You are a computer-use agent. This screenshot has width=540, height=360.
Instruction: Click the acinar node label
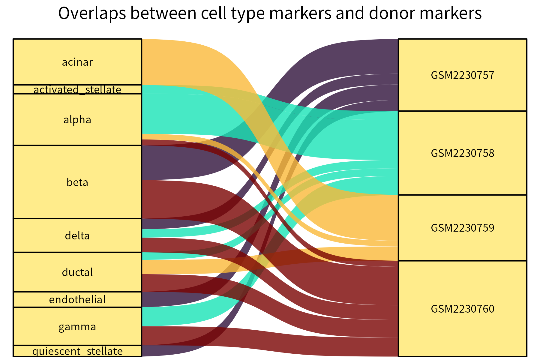77,62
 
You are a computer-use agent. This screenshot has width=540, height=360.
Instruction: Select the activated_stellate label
77,89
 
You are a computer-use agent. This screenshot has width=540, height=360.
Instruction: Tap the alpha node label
77,120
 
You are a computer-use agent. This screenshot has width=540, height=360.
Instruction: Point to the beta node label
77,182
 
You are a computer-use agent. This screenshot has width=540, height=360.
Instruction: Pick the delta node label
77,236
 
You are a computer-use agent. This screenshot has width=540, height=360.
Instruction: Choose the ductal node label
77,272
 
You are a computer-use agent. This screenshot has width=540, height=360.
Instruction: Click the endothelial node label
77,300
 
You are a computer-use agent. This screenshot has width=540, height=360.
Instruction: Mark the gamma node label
77,327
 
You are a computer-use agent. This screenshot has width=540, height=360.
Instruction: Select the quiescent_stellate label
77,351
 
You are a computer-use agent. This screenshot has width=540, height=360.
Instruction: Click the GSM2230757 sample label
462,75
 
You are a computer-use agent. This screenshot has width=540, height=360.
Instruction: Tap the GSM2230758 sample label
462,153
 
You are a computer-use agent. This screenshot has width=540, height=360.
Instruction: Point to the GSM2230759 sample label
462,228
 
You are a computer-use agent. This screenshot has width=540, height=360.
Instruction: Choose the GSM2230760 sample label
462,309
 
